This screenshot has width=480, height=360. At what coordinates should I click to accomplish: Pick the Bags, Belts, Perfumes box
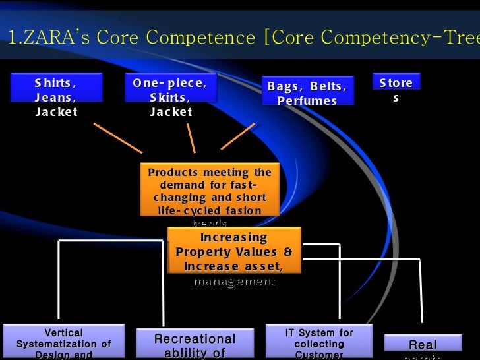point(307,93)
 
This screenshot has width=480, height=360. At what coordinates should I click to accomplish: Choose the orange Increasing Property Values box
point(234,251)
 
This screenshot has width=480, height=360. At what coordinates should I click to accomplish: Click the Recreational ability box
point(195,344)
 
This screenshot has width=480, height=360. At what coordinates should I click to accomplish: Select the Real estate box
point(423,345)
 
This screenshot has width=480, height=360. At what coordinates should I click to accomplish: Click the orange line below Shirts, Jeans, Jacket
point(118,137)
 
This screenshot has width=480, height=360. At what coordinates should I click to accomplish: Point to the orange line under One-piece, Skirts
point(191,138)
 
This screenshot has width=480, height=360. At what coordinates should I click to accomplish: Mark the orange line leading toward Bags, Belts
point(237,136)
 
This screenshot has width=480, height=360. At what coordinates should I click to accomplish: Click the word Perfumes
point(307,101)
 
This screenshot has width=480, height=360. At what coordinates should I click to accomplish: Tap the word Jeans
point(55,97)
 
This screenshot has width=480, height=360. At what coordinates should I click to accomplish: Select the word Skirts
point(169,97)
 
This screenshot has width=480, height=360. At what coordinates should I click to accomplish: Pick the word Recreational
point(195,339)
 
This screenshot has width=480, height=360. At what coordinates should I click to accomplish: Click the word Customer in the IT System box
point(319,355)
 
